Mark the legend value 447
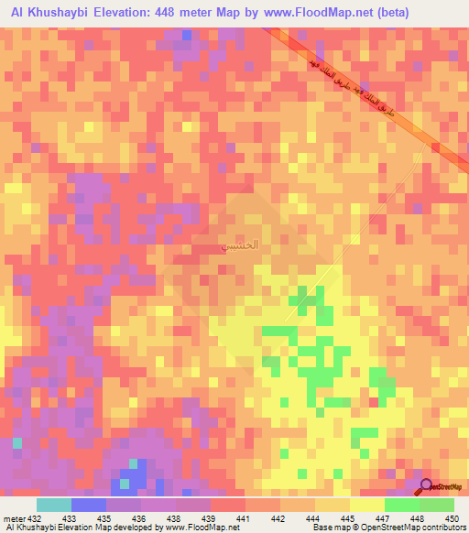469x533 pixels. tap(385, 518)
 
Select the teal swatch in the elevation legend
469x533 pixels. tap(54, 505)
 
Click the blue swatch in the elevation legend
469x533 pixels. tap(89, 505)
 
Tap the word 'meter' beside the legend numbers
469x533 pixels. tap(14, 518)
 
